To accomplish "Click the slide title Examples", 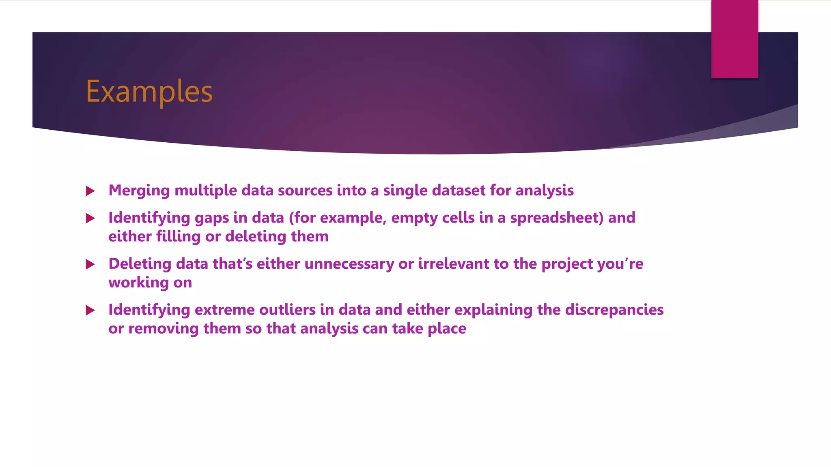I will [149, 92].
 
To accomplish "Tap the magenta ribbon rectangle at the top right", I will [734, 39].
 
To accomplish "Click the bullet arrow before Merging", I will [90, 191].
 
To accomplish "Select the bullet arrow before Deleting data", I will [90, 265].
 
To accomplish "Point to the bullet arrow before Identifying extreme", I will [90, 311].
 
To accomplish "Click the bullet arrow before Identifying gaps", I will [90, 219].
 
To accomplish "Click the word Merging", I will [139, 191].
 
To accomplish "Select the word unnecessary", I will [349, 264].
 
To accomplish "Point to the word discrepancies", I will [614, 310].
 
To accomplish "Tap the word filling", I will [178, 237].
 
